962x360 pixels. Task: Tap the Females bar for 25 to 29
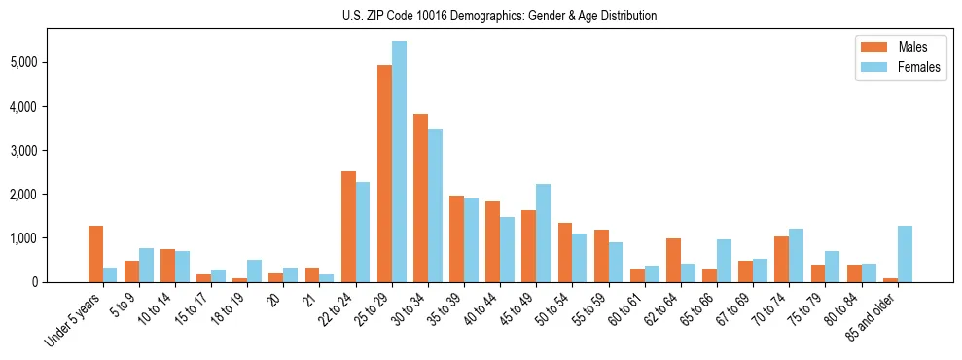pos(399,162)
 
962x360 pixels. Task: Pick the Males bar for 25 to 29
pos(384,173)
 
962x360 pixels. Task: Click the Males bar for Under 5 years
pos(95,254)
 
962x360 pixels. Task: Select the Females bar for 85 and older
pos(905,254)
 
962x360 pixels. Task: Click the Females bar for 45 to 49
pos(543,233)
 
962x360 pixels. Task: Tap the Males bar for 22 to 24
pos(348,227)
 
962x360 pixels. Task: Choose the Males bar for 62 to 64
pos(673,260)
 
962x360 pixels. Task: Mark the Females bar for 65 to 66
pos(724,261)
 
